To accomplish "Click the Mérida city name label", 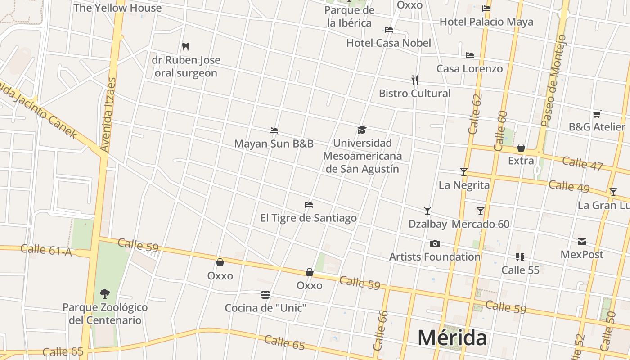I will [452, 337].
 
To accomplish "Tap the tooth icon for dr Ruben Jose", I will [185, 46].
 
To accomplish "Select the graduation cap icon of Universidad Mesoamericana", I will [362, 130].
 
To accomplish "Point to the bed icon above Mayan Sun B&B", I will [274, 130].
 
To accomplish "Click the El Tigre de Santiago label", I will [308, 218].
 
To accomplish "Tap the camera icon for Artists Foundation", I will [435, 243].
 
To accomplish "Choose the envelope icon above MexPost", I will [582, 242].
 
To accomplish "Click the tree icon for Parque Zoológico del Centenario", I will [105, 294].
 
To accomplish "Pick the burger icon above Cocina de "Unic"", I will [265, 295].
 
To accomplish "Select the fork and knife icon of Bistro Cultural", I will [415, 80].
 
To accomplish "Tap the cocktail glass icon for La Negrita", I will [464, 172].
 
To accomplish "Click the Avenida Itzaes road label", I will [108, 115].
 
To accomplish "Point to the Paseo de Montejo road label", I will [553, 81].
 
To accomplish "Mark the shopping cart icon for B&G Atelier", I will [597, 114].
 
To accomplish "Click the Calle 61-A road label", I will [46, 250].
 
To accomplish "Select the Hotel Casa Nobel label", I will [389, 43].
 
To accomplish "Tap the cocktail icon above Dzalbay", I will [427, 211].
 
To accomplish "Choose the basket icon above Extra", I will [521, 148].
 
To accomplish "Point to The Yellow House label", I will [117, 8].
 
